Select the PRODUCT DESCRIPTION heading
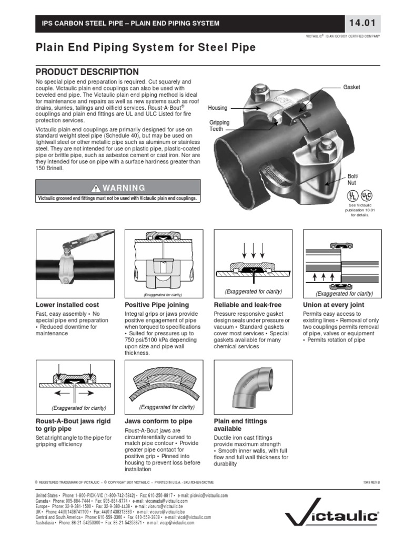pyautogui.click(x=87, y=71)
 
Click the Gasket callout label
pyautogui.click(x=351, y=87)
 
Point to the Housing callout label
pyautogui.click(x=218, y=108)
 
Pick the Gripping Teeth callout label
pyautogui.click(x=219, y=126)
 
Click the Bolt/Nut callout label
pyautogui.click(x=351, y=180)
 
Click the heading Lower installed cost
pyautogui.click(x=67, y=305)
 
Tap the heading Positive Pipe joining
pyautogui.click(x=156, y=305)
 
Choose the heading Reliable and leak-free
pyautogui.click(x=247, y=305)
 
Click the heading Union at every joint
pyautogui.click(x=334, y=305)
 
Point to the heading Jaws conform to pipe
pyautogui.click(x=158, y=421)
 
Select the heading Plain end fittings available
pyautogui.click(x=240, y=425)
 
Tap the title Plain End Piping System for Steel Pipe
pyautogui.click(x=145, y=48)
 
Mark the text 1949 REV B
pyautogui.click(x=371, y=482)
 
